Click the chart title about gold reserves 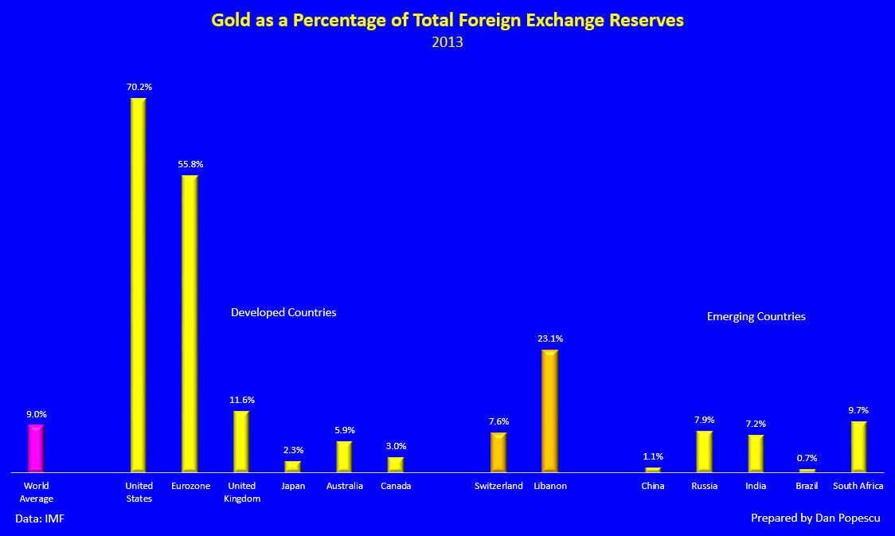point(447,21)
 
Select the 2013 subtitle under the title point(447,42)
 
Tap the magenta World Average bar point(36,448)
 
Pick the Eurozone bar point(190,323)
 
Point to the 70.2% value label point(139,87)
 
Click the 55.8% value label point(190,164)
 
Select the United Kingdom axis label point(241,492)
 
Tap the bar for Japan point(293,467)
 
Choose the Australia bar point(344,456)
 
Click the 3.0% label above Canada point(396,446)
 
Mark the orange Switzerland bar point(498,452)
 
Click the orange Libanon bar point(549,411)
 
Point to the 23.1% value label point(550,338)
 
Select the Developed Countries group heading point(283,312)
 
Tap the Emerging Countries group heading point(756,316)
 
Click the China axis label point(652,486)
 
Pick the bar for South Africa point(858,447)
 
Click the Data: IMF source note point(41,518)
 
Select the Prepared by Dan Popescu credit point(815,518)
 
